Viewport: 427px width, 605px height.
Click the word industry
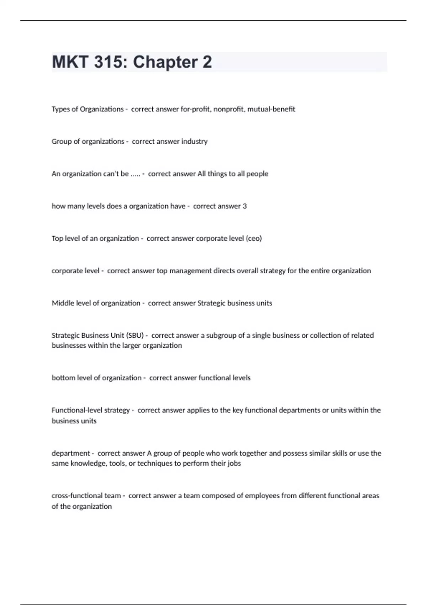point(194,141)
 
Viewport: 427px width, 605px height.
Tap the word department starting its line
point(71,453)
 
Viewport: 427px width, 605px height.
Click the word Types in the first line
point(60,109)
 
